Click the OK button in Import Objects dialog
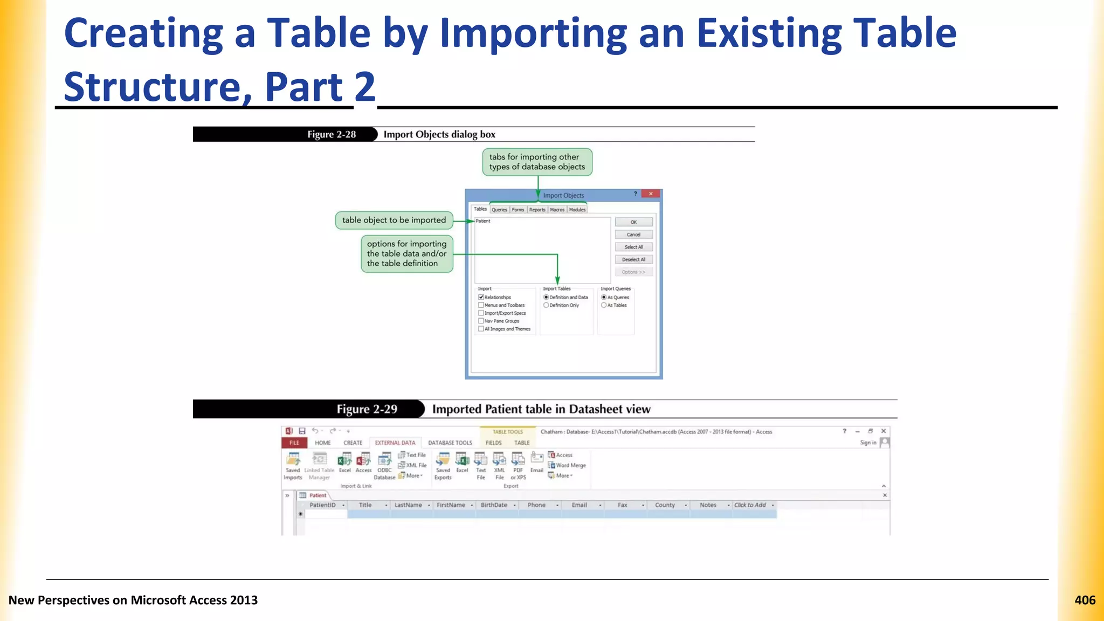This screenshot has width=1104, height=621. pyautogui.click(x=633, y=222)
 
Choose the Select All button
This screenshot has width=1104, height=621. pyautogui.click(x=633, y=247)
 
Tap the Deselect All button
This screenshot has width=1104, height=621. pyautogui.click(x=633, y=259)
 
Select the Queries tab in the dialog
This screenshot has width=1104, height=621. pyautogui.click(x=499, y=210)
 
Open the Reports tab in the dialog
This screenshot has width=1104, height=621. pyautogui.click(x=537, y=210)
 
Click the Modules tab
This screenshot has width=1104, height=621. pyautogui.click(x=577, y=210)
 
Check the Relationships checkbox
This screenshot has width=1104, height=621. pyautogui.click(x=481, y=297)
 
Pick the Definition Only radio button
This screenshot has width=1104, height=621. pyautogui.click(x=546, y=305)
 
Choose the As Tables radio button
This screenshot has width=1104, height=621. pyautogui.click(x=604, y=305)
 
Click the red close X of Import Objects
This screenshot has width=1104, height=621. pyautogui.click(x=651, y=194)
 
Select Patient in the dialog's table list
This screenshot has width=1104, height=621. pyautogui.click(x=483, y=221)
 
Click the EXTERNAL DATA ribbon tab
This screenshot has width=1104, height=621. pyautogui.click(x=395, y=443)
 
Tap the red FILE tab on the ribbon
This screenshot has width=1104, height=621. pyautogui.click(x=294, y=443)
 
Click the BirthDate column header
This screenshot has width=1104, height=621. pyautogui.click(x=494, y=505)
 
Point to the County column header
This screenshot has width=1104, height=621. pyautogui.click(x=665, y=505)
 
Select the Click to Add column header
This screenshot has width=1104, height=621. pyautogui.click(x=750, y=505)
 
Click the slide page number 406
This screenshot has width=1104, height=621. pyautogui.click(x=1085, y=600)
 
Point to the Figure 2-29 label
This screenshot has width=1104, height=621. pyautogui.click(x=367, y=409)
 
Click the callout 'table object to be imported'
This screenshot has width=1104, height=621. pyautogui.click(x=394, y=220)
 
